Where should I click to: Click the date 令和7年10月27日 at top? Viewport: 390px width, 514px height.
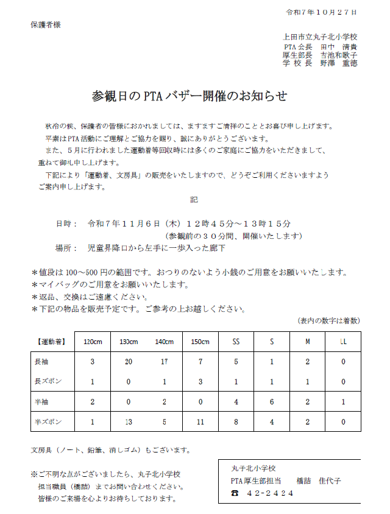321,12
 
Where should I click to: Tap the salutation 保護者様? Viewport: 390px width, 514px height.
46,25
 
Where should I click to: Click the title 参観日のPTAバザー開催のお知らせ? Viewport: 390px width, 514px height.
189,96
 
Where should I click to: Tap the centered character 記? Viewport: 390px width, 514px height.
194,199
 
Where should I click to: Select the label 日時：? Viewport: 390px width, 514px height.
66,224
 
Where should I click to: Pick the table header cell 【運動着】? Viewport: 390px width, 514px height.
51,341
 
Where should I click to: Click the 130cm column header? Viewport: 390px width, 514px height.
128,341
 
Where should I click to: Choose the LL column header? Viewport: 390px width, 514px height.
343,341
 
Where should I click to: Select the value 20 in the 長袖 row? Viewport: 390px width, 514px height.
128,362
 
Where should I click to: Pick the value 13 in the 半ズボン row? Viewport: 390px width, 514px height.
128,421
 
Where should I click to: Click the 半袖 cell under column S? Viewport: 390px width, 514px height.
272,402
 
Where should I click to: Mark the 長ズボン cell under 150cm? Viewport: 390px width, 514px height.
200,382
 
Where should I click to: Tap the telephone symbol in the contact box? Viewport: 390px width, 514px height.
235,493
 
